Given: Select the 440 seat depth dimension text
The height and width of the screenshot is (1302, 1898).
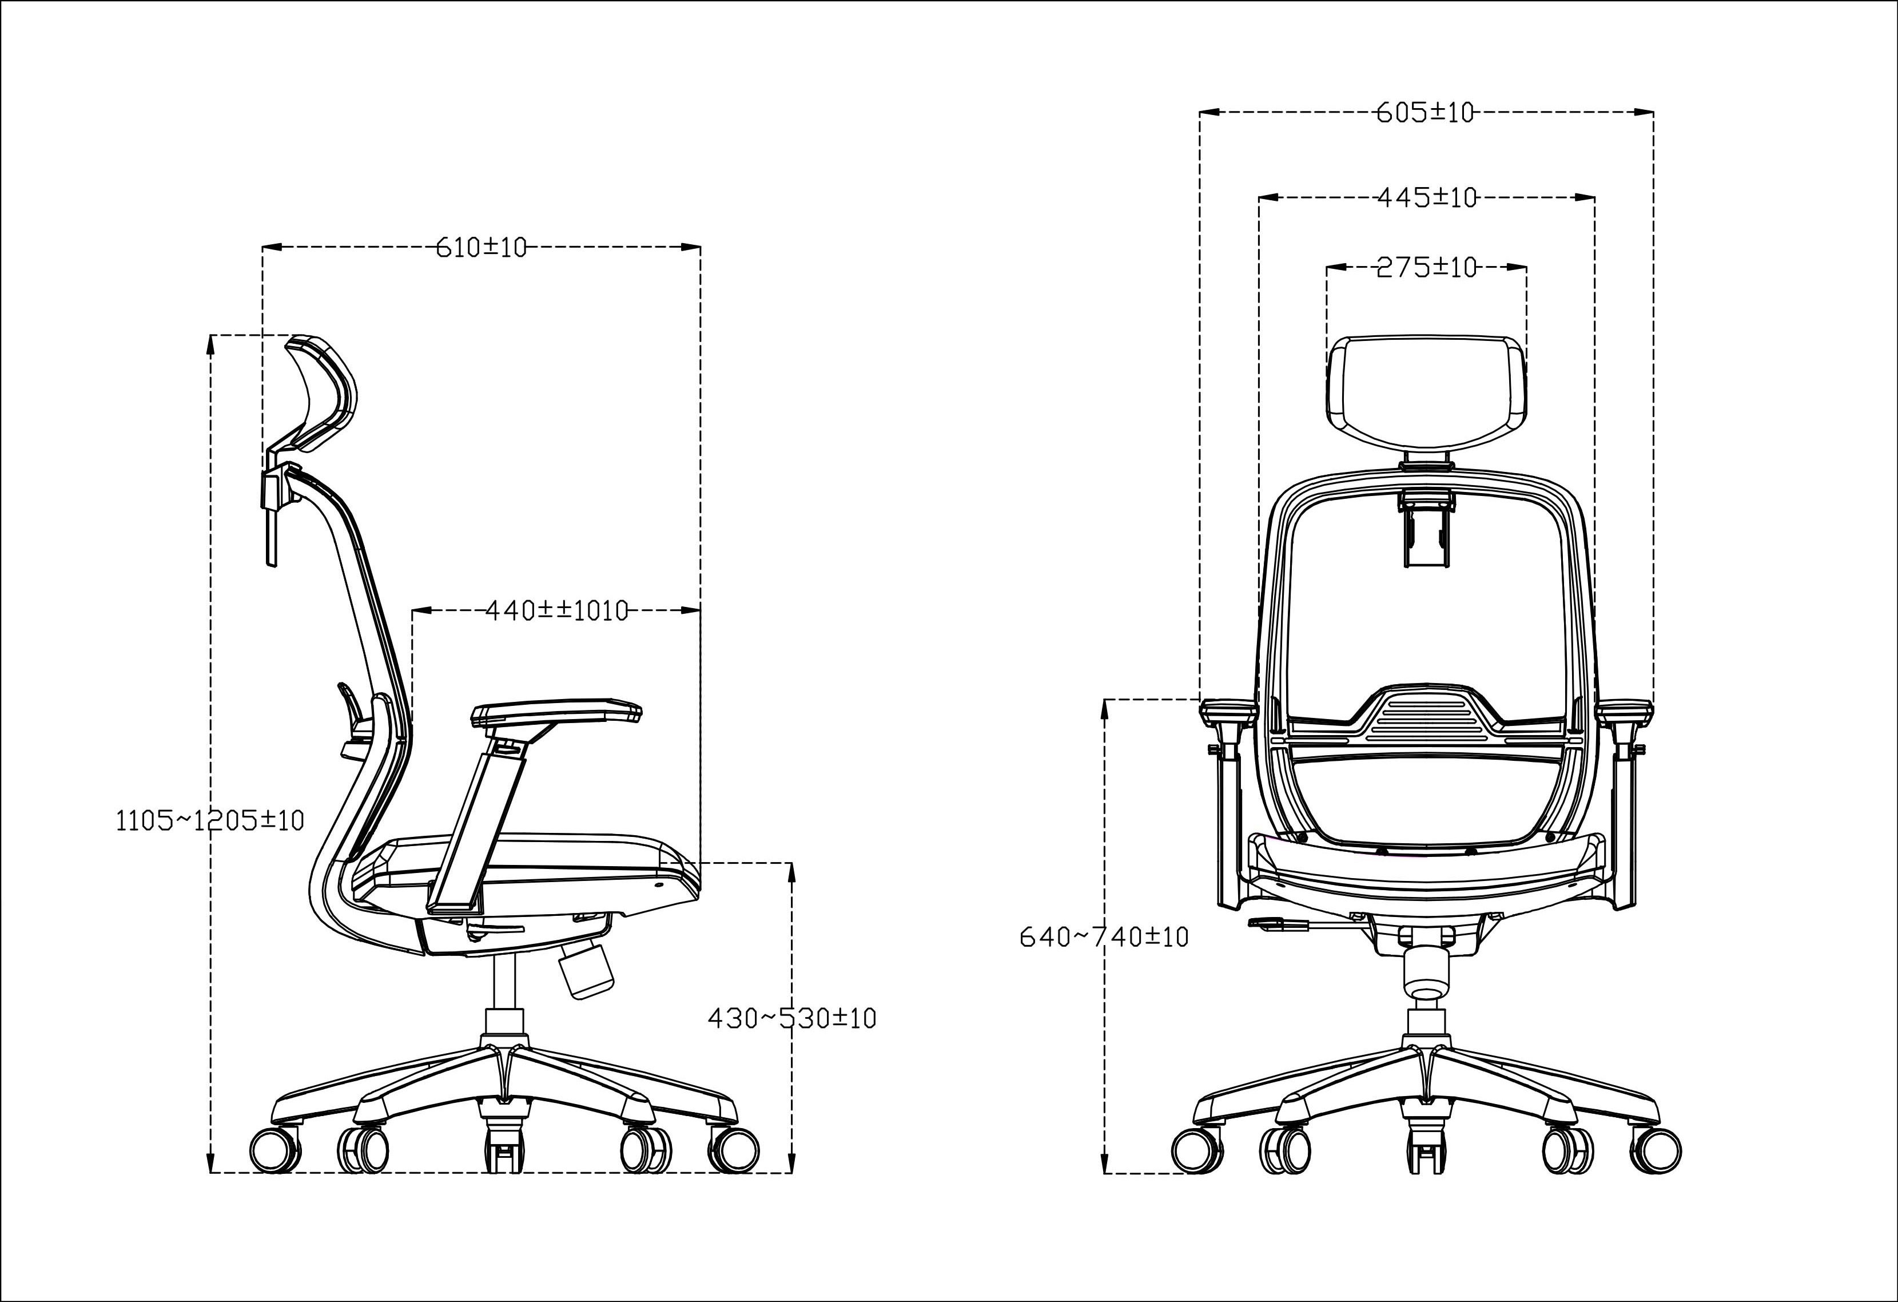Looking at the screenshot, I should (x=557, y=610).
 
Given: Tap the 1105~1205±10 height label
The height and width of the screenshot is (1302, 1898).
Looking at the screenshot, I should (x=210, y=820).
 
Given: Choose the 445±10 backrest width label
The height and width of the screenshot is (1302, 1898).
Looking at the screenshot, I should (x=1427, y=198).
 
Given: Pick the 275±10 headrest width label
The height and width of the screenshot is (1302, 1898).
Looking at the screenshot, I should (x=1427, y=267).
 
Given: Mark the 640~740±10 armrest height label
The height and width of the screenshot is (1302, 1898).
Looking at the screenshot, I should (x=1104, y=937).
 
